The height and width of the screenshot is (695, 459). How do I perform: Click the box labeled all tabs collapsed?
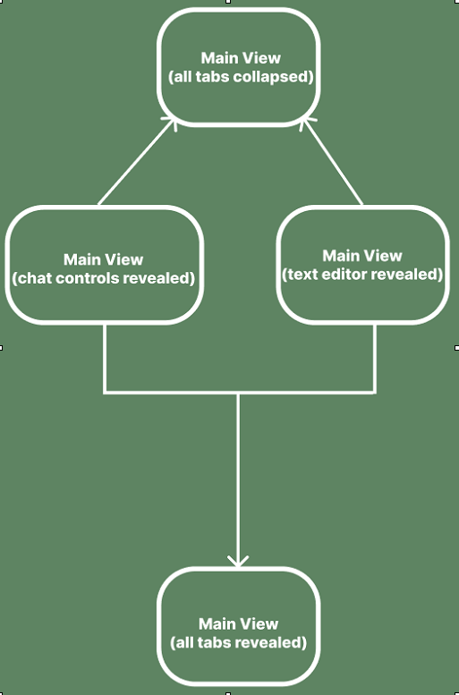point(239,67)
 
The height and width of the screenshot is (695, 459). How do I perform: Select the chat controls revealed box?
point(104,265)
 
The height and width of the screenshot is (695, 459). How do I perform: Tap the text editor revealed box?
point(362,265)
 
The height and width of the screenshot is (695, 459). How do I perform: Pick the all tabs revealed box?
point(239,626)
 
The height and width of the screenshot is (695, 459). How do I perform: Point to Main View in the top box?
point(241,58)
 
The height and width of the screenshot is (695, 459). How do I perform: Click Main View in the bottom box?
point(239,624)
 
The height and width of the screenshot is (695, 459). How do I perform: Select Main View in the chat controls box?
point(103,259)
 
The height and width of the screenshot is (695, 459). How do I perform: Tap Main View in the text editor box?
point(362,256)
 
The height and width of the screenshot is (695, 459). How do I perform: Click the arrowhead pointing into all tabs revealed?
point(238,561)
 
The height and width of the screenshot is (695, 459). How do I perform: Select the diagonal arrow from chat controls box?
point(137,161)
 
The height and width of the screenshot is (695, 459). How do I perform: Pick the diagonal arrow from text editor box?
point(332,162)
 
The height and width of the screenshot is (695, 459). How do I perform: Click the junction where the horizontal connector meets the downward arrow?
point(238,393)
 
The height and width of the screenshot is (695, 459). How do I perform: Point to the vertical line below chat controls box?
point(105,358)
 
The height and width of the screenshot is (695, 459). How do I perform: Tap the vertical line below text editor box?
point(375,358)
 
